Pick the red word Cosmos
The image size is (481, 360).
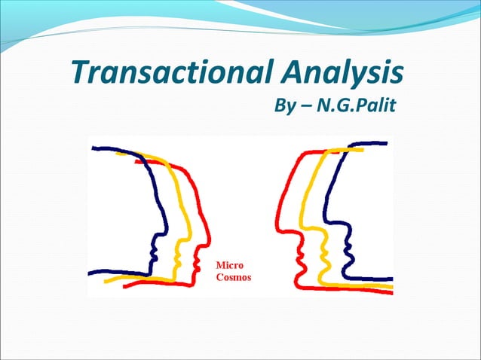click(234, 277)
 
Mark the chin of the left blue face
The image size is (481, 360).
click(154, 266)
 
